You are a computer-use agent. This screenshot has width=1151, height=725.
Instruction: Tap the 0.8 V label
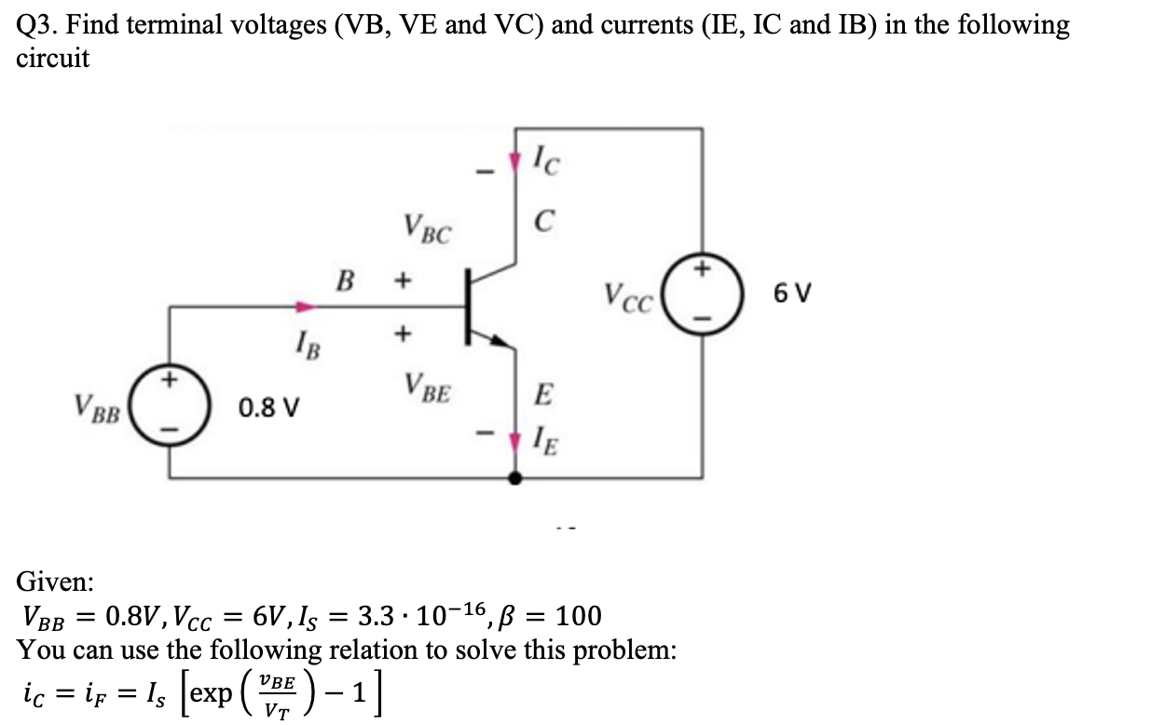pos(268,408)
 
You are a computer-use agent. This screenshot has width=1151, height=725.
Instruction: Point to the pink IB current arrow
pos(305,306)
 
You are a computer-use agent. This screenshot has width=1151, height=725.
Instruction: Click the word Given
pos(55,581)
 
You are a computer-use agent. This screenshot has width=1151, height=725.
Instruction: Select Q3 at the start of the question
pos(34,25)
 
